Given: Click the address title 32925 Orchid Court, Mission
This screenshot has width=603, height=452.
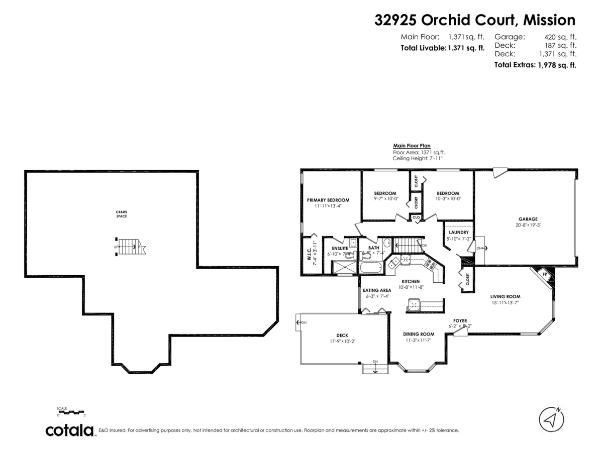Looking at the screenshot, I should (475, 20).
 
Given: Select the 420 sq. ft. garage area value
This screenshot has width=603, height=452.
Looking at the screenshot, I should (560, 37).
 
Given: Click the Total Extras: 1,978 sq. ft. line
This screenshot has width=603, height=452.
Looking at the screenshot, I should (535, 65).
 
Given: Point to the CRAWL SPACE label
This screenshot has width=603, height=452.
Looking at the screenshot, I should (121, 214).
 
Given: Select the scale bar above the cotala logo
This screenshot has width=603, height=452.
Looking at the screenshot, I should (71, 412).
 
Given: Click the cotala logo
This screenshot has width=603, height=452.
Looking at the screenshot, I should (70, 430).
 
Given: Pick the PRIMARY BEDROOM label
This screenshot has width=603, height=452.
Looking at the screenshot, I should (328, 200).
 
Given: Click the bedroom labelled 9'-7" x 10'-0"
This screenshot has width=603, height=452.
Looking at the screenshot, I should (385, 196).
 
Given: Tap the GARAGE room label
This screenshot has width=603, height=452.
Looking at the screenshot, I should (528, 219).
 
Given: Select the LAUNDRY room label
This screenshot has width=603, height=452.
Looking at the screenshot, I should (459, 233).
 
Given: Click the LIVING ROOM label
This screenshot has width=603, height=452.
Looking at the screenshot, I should (505, 296).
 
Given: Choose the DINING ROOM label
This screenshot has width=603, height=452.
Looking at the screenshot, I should (418, 334).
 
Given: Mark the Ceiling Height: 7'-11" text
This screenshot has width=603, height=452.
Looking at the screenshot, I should (418, 158).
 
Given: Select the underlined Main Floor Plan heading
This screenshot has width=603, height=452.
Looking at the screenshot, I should (412, 146).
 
